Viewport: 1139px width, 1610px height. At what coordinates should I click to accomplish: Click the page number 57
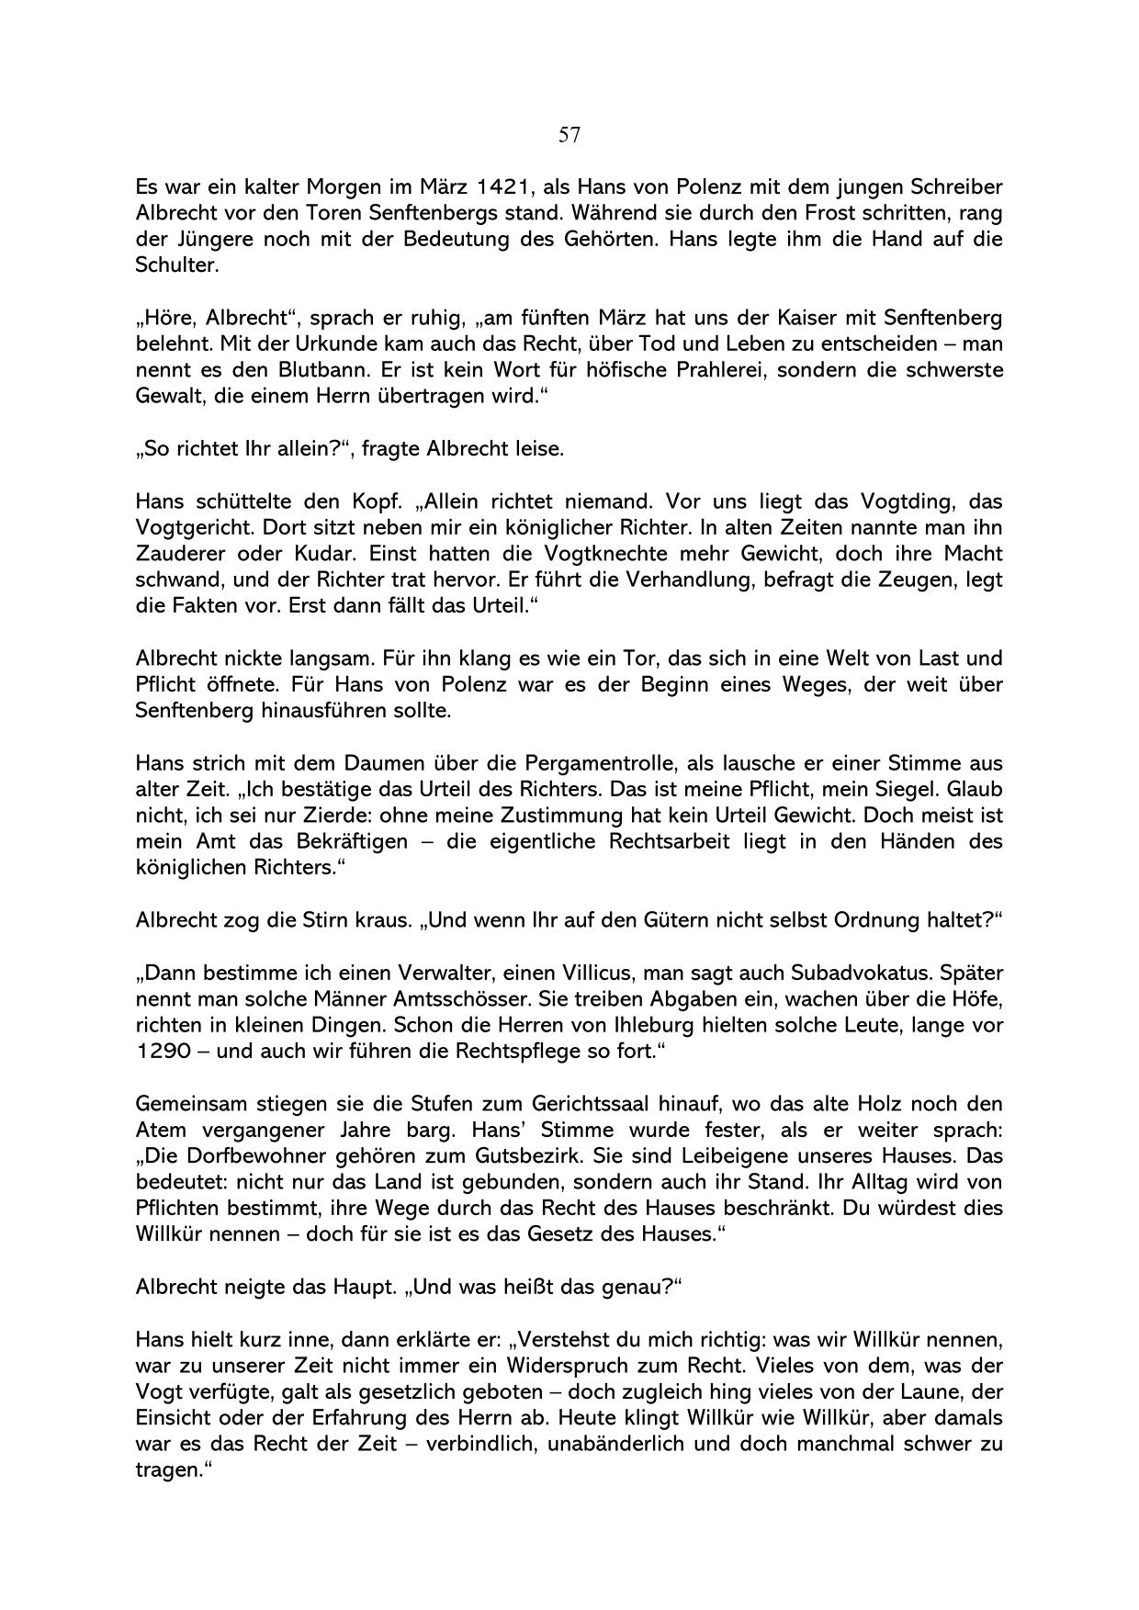(x=569, y=136)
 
